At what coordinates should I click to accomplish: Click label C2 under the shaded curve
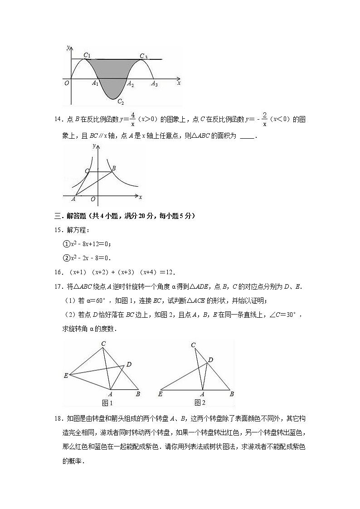point(120,102)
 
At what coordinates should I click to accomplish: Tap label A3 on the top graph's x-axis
point(154,84)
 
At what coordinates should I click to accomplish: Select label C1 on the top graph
point(87,56)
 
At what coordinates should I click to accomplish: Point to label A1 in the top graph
point(95,84)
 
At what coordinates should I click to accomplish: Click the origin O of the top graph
point(67,83)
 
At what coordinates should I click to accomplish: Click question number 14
point(58,120)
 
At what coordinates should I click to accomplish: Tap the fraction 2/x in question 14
point(264,119)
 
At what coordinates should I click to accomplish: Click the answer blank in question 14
point(246,136)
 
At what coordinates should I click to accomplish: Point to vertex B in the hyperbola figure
point(113,168)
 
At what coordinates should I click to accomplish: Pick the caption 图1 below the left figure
point(107,403)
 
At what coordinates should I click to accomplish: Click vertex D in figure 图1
point(129,364)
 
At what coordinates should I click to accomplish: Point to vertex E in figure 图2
point(160,394)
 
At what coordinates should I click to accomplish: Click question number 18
point(58,418)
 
